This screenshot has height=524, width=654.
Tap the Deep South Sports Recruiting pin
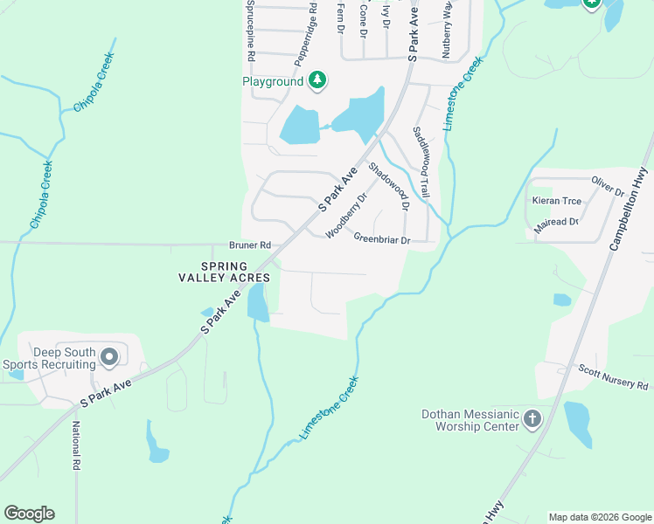(109, 356)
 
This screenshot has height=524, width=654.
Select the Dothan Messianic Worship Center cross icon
(532, 420)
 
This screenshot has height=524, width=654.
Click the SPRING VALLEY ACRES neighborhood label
(223, 272)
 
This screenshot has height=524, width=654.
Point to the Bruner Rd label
(250, 246)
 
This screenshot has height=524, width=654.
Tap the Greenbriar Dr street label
(381, 238)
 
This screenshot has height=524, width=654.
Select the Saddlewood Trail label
(422, 161)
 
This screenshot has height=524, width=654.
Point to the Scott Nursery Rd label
(613, 377)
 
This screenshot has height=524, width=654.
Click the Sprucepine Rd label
(250, 31)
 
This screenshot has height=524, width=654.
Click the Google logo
(29, 514)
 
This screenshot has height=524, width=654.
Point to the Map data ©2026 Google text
(600, 517)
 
